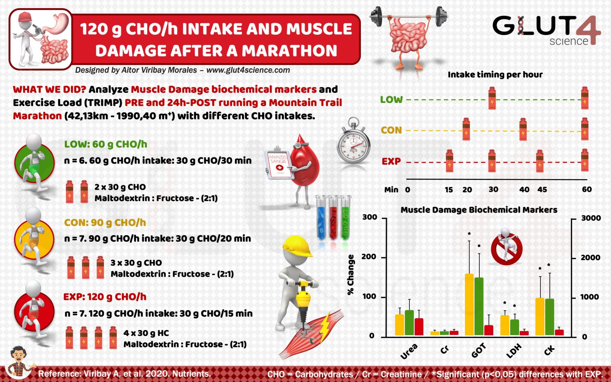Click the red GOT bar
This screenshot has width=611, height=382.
(x=488, y=330)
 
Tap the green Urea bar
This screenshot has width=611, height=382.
(x=409, y=322)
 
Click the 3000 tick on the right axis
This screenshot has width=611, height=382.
(x=591, y=218)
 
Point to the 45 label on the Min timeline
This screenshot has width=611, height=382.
(x=542, y=189)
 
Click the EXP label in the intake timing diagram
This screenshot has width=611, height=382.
(x=391, y=161)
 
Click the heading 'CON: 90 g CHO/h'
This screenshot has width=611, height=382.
(x=105, y=223)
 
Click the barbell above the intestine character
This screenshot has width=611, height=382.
(x=409, y=15)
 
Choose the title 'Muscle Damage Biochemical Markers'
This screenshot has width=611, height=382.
(x=479, y=210)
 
